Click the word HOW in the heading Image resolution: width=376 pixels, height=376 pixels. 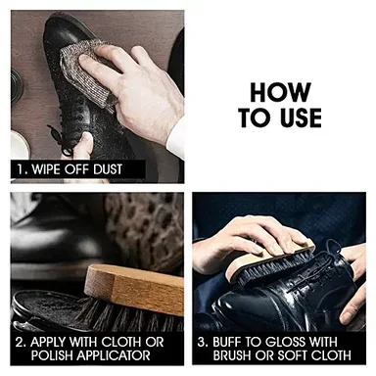(280, 92)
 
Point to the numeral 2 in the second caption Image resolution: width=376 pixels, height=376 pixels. (20, 343)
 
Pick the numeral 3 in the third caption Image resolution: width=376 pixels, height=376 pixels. (202, 343)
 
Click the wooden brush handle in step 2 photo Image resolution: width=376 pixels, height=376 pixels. (134, 290)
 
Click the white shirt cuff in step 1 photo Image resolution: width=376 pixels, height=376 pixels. (175, 140)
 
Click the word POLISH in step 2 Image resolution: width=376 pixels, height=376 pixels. (54, 355)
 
